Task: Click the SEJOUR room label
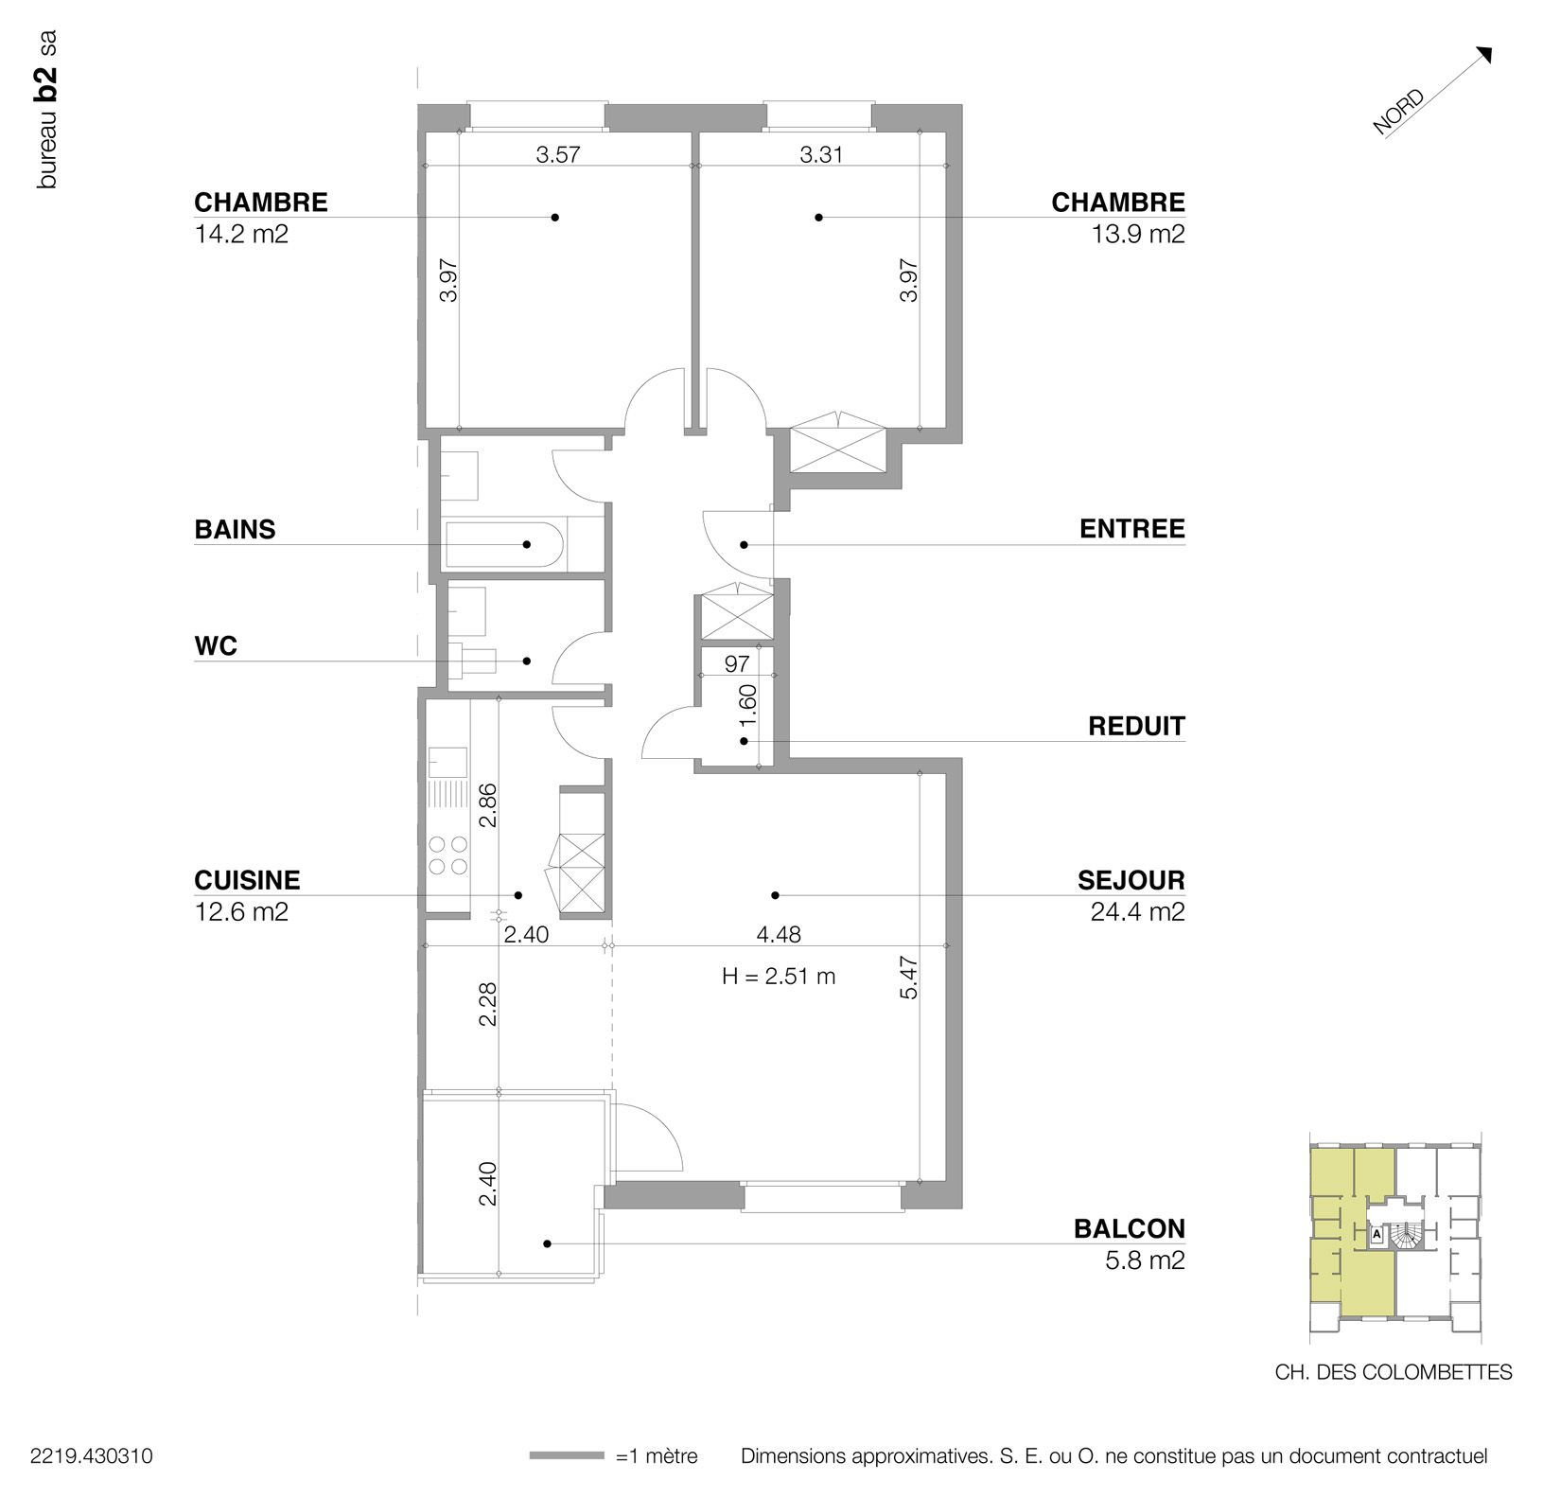[x=1131, y=880]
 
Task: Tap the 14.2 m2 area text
[x=241, y=234]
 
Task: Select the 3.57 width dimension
[x=557, y=154]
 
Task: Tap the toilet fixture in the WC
[x=472, y=660]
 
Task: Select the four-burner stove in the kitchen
[x=448, y=855]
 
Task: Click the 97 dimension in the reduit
[x=736, y=664]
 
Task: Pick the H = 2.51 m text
[x=778, y=977]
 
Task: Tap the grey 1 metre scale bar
[x=566, y=1455]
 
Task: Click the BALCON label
[x=1129, y=1228]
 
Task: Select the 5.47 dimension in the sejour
[x=908, y=979]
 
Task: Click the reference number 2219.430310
[x=91, y=1456]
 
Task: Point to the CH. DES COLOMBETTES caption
[x=1393, y=1371]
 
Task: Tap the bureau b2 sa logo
[x=46, y=110]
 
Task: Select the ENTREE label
[x=1131, y=529]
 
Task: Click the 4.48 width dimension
[x=778, y=935]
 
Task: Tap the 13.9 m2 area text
[x=1137, y=234]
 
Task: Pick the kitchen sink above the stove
[x=448, y=762]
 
